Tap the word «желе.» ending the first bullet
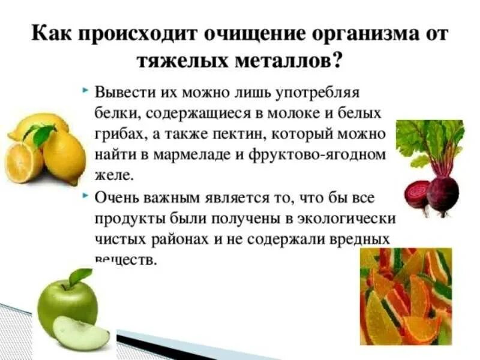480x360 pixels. coord(112,175)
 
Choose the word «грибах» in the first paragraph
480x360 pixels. coord(114,134)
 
